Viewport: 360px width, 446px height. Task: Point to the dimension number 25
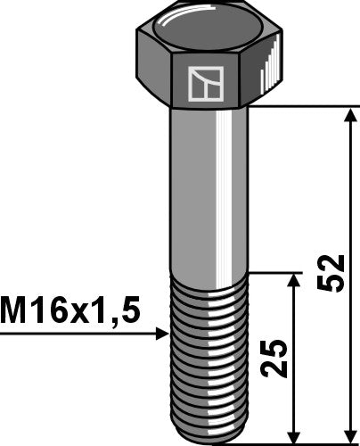[278, 357]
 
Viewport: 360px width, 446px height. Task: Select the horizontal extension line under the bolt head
[303, 108]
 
